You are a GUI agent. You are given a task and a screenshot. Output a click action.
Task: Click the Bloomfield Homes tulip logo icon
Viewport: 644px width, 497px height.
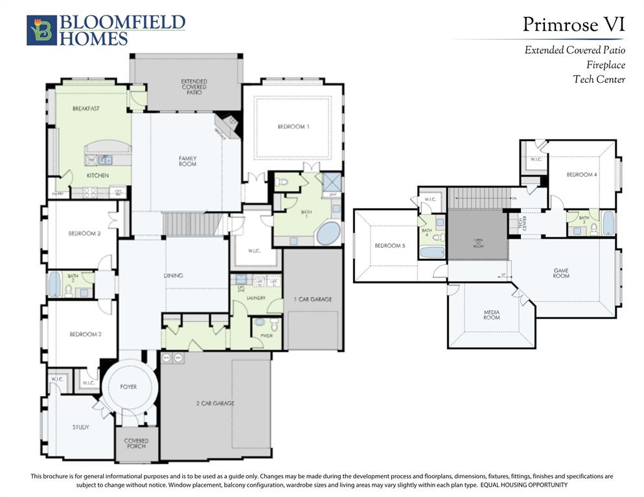coord(41,30)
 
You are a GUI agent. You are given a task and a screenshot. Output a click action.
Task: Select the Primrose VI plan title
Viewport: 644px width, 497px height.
coord(573,25)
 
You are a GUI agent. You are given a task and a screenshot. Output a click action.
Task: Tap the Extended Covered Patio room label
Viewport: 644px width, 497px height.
coord(194,87)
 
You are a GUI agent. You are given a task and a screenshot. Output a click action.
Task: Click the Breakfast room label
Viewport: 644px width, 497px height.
coord(86,109)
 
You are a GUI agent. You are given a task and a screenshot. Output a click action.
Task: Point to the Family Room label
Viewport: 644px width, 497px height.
coord(187,161)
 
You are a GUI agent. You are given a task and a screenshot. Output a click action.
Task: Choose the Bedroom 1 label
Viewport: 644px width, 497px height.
coord(293,127)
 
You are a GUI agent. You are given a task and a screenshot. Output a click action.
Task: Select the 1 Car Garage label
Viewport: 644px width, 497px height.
coord(312,300)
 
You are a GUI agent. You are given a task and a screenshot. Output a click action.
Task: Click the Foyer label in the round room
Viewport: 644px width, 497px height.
coord(128,387)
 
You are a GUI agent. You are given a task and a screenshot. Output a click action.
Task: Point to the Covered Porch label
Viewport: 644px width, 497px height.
coord(136,443)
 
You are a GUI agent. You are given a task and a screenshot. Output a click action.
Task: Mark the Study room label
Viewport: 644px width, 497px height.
coord(80,427)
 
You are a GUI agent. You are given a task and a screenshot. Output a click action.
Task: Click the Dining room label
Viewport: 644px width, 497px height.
coord(173,276)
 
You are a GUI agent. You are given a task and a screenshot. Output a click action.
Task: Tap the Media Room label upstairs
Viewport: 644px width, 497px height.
coord(492,315)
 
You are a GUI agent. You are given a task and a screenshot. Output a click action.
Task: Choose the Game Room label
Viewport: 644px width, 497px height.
coord(561,273)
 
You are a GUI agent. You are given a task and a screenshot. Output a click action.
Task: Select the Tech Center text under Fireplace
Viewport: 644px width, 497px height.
coord(599,80)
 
